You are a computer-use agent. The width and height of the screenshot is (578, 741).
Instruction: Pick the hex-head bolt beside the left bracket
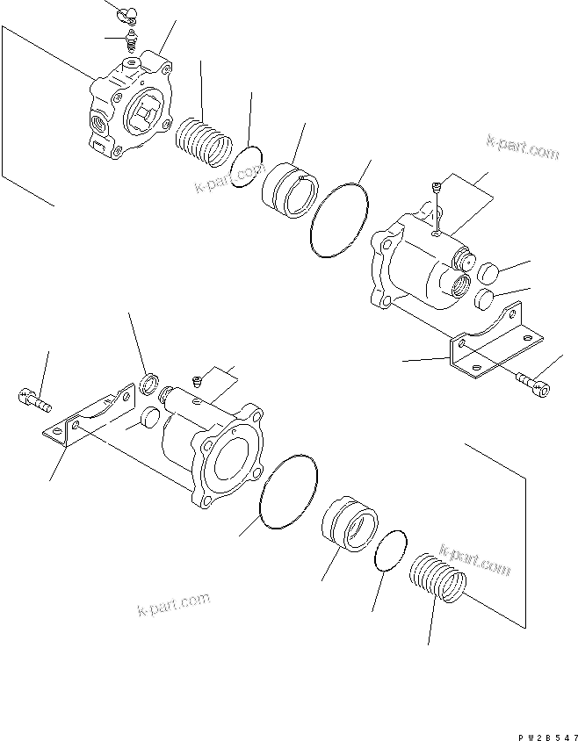point(33,400)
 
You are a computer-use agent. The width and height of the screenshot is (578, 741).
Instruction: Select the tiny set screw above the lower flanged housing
point(198,380)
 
